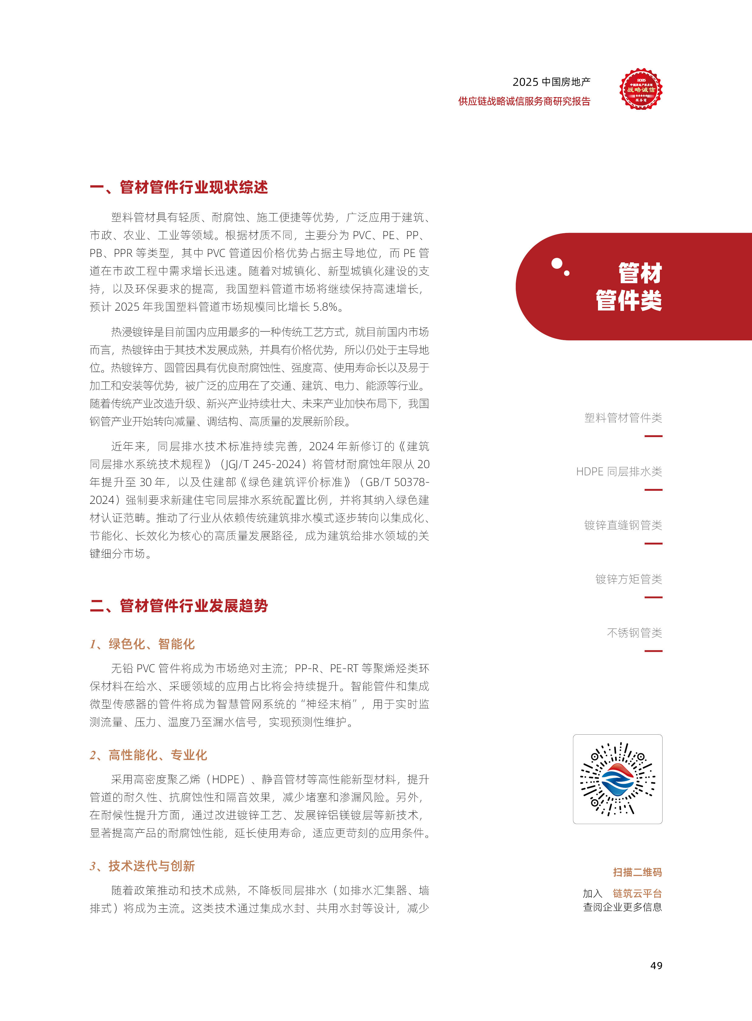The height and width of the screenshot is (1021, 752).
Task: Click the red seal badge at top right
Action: (x=640, y=89)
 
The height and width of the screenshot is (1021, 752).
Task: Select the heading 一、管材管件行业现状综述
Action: (x=179, y=187)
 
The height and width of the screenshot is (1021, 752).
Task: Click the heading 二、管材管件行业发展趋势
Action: (x=179, y=606)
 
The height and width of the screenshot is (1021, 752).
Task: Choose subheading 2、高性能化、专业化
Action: (x=148, y=755)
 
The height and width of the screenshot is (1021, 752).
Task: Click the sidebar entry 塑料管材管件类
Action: (x=623, y=418)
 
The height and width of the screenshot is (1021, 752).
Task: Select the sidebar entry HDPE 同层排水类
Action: (x=619, y=471)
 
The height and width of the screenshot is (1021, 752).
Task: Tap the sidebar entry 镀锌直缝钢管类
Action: (x=623, y=525)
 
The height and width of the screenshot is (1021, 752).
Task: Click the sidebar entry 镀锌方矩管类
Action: (x=628, y=579)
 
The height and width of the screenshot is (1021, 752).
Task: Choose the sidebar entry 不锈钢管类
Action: (x=634, y=632)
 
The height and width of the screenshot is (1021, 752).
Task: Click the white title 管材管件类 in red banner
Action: (x=629, y=287)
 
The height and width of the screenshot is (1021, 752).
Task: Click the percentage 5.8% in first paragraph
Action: (x=325, y=307)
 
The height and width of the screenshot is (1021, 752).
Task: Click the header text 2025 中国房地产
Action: (x=551, y=82)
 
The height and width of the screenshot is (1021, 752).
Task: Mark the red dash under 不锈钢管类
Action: (x=653, y=651)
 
